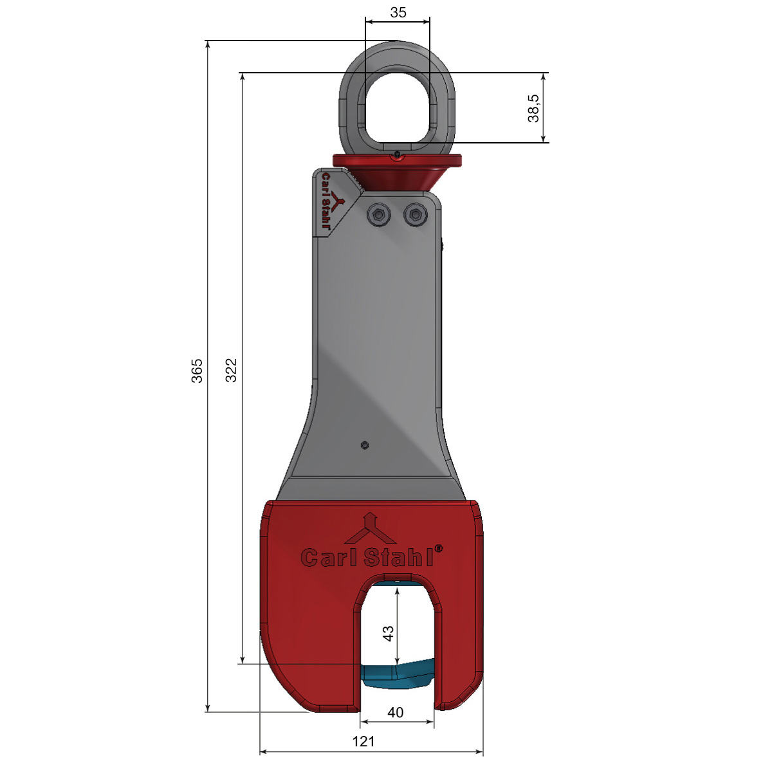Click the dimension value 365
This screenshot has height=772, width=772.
198,371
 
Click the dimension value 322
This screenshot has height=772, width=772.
232,371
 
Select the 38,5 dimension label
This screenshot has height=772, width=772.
533,107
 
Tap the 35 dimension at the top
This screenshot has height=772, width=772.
398,12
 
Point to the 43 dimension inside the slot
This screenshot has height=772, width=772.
388,634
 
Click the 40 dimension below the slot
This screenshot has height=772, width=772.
396,712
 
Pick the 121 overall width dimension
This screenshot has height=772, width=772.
363,742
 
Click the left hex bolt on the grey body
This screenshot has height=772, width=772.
378,216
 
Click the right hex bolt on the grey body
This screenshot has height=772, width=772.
416,216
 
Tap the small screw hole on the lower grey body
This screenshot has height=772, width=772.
365,445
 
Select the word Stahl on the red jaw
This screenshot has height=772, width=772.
398,557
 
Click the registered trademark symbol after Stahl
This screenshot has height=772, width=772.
439,549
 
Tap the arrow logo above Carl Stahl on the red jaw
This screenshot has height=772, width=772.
370,529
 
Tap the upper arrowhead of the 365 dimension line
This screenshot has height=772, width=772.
208,45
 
